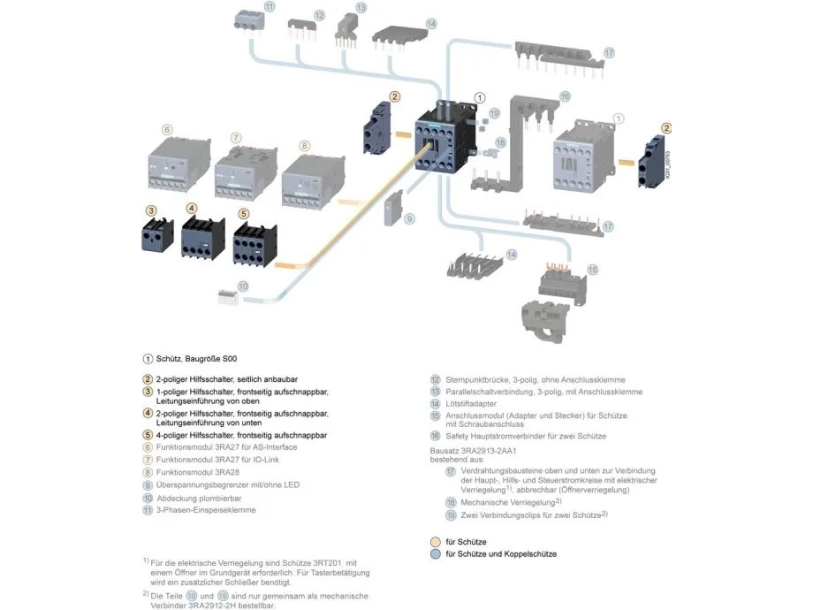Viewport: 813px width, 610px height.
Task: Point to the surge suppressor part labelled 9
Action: point(392,209)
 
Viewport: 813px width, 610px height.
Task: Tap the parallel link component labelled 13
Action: point(346,32)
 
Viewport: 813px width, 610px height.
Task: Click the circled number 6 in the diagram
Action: point(167,129)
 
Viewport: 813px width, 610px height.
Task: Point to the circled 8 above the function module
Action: point(304,144)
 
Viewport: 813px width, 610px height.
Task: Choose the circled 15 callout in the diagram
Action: point(592,269)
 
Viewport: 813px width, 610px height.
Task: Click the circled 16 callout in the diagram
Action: point(565,95)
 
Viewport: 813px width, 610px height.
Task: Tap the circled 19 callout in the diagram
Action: point(495,113)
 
